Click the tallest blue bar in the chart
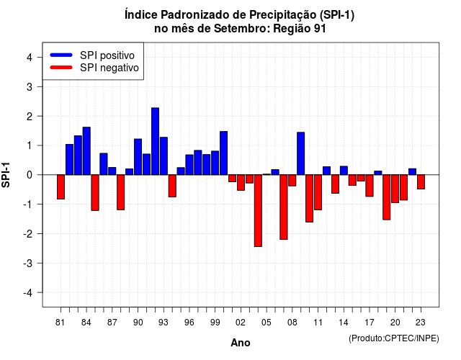point(156,141)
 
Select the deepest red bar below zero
point(258,210)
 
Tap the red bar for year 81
point(61,187)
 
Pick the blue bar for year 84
point(86,151)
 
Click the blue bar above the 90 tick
point(138,157)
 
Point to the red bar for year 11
point(318,192)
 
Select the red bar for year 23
point(421,182)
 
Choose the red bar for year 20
point(395,189)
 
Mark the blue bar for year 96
point(189,165)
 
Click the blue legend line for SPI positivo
point(61,55)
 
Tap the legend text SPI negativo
point(109,68)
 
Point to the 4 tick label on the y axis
point(30,58)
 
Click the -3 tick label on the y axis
point(28,264)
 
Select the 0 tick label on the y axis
point(30,175)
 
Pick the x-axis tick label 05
point(267,323)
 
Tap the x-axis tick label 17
point(370,323)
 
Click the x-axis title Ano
point(241,343)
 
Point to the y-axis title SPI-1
point(6,175)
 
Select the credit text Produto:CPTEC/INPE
point(394,338)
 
